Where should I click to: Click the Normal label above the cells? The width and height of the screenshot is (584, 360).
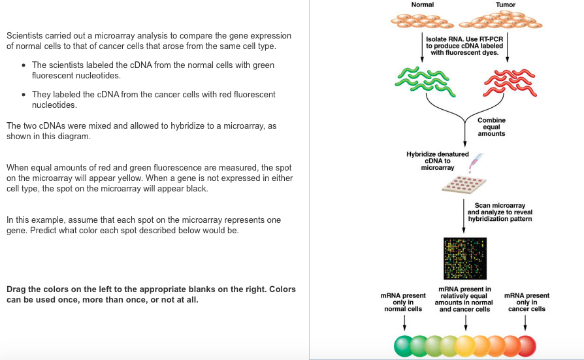click(422, 5)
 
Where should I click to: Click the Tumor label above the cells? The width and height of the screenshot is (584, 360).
click(505, 5)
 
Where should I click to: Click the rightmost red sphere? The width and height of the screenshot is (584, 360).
click(525, 345)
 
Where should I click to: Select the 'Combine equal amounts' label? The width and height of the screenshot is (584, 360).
click(491, 127)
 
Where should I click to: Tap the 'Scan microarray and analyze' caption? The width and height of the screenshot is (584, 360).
click(500, 212)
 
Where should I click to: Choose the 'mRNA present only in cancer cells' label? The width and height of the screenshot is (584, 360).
click(527, 302)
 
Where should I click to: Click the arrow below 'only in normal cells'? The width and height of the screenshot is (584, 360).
click(404, 322)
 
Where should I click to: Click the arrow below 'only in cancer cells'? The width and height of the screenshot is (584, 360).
click(526, 322)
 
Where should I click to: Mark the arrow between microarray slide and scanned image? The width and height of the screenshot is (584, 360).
click(464, 216)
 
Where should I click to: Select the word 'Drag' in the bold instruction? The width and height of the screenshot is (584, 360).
click(17, 289)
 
